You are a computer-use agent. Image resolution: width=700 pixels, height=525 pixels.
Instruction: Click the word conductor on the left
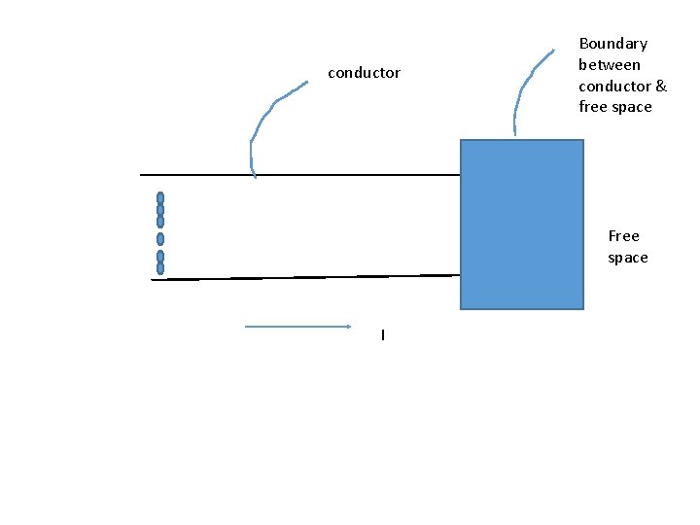(364, 73)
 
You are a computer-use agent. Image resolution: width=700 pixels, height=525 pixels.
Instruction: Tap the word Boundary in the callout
(612, 44)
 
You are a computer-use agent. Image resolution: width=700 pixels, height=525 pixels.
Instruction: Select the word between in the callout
(610, 65)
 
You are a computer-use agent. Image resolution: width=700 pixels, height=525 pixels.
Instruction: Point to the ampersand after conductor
(661, 86)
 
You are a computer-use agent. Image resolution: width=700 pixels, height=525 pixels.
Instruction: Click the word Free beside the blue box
(623, 236)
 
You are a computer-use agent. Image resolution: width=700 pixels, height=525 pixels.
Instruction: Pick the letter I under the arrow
(383, 335)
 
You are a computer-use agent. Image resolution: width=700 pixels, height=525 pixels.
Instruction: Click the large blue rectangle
(521, 225)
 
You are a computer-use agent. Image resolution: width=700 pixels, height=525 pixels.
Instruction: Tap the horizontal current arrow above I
(297, 327)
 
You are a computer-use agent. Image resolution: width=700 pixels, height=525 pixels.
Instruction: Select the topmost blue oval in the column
(160, 198)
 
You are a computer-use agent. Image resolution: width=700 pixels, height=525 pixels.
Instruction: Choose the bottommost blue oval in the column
(160, 268)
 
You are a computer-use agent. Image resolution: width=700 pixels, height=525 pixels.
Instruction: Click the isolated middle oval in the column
(160, 239)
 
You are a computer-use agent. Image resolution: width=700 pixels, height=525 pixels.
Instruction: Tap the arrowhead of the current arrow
(347, 327)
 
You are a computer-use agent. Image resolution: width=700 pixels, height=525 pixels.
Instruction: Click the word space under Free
(627, 258)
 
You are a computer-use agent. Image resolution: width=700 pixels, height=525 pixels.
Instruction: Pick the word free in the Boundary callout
(592, 107)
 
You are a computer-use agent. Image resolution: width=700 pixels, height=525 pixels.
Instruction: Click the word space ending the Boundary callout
(632, 107)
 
